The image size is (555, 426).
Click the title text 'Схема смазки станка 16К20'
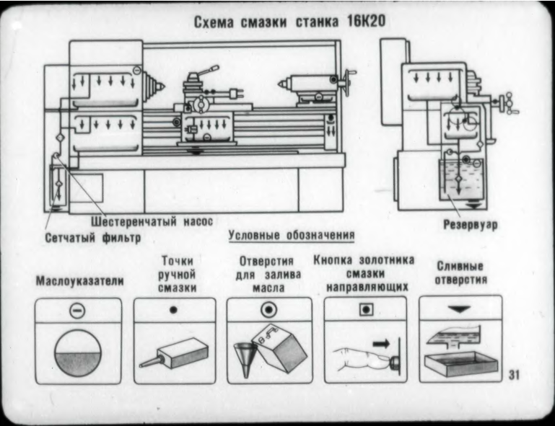point(289,22)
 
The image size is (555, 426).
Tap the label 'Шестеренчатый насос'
point(155,221)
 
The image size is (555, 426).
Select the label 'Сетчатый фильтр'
point(93,236)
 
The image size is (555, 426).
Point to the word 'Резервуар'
point(471,225)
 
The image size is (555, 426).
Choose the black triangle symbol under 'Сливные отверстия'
point(460,308)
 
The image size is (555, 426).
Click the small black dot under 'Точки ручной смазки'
point(172,309)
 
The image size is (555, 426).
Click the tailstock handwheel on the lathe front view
point(351,80)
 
